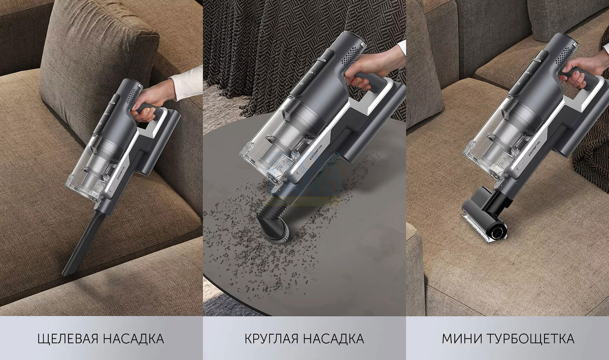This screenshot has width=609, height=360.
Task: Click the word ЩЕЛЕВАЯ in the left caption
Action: [x=67, y=339]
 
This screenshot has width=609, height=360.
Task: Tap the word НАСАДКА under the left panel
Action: [x=133, y=339]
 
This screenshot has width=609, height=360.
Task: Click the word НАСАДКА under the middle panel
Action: [x=334, y=339]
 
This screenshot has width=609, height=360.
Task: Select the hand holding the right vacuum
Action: [x=582, y=71]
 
